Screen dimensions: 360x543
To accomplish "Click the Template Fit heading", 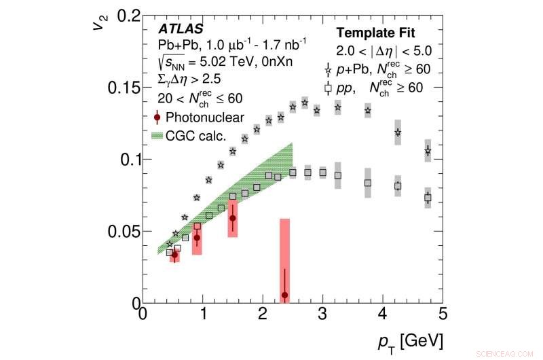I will [x=383, y=32].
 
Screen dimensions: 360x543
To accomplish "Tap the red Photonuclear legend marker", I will [x=157, y=117].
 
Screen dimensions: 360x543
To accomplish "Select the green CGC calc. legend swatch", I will [x=158, y=134].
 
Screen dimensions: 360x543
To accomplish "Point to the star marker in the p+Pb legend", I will [x=329, y=69].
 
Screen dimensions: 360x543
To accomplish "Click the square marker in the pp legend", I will [x=329, y=88].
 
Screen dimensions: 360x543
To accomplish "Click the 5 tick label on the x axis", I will [x=442, y=314].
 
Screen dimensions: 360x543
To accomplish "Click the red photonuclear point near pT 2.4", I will [x=284, y=295].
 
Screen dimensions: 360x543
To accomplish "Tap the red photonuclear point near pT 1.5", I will [x=233, y=218].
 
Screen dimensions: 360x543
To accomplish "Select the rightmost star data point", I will [x=428, y=151].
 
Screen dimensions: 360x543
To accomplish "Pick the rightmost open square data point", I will [x=428, y=198].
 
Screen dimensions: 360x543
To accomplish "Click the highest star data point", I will [x=305, y=103].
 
